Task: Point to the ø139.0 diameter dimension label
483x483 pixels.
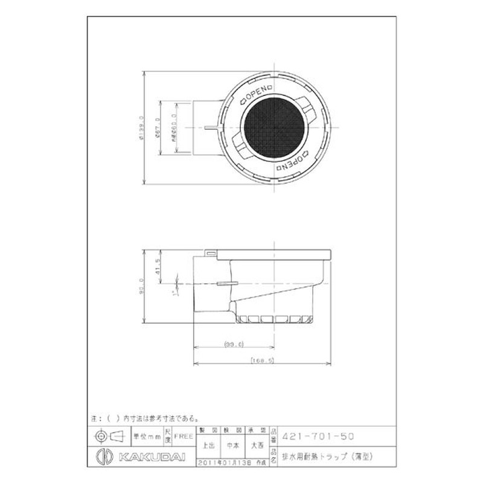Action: (140, 128)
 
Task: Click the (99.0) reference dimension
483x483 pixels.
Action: (234, 344)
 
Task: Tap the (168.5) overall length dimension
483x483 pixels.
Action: (261, 360)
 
